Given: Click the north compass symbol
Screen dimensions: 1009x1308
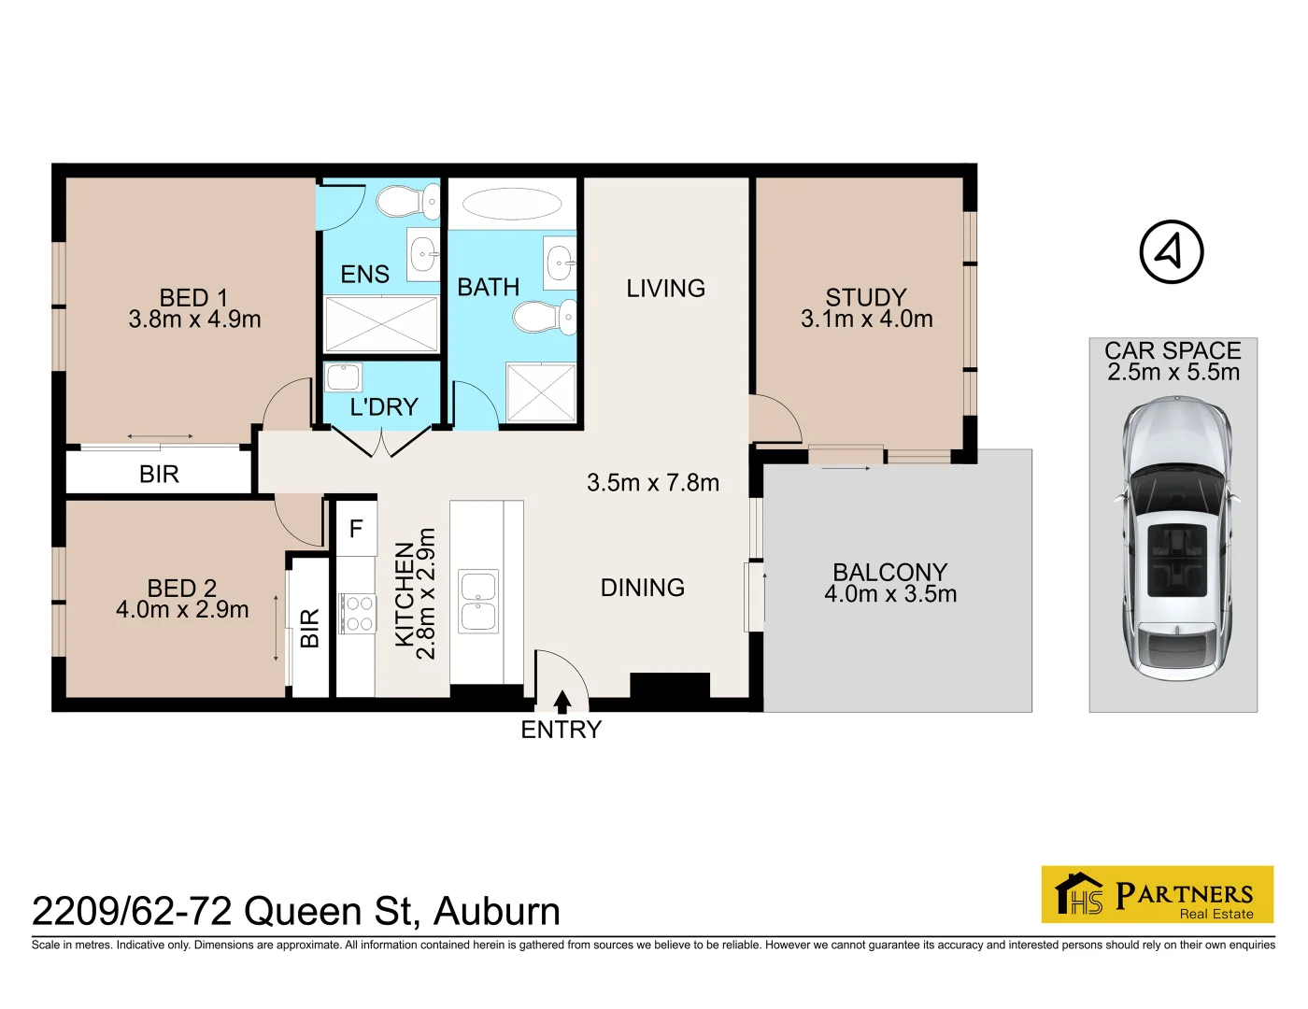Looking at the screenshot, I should pyautogui.click(x=1172, y=252).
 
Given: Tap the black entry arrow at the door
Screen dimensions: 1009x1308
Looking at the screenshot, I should pyautogui.click(x=562, y=702).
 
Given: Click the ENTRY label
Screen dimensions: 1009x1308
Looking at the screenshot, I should pyautogui.click(x=562, y=730).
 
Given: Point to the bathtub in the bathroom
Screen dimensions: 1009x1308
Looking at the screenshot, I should pyautogui.click(x=512, y=204).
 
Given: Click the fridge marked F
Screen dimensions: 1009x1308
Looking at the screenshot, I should pyautogui.click(x=356, y=529).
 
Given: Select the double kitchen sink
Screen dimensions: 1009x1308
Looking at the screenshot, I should pyautogui.click(x=478, y=601).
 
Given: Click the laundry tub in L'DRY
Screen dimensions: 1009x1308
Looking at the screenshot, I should pyautogui.click(x=343, y=378).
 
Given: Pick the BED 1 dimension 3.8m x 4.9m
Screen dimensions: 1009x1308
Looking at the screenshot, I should pyautogui.click(x=194, y=320).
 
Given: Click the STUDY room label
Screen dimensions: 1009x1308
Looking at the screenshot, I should pyautogui.click(x=866, y=297).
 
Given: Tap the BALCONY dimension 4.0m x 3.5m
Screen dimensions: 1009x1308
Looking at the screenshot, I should pyautogui.click(x=890, y=594).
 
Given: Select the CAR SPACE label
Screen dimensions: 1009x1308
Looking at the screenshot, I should pyautogui.click(x=1173, y=351).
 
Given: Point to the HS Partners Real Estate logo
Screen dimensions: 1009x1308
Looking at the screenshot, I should pyautogui.click(x=1158, y=894).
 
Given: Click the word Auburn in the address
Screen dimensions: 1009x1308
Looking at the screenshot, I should pyautogui.click(x=497, y=912).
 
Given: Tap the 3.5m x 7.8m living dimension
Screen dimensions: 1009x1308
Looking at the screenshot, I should pyautogui.click(x=653, y=483).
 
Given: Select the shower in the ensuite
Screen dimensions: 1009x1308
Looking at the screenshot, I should pyautogui.click(x=381, y=324).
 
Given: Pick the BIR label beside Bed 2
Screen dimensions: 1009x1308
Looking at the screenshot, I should pyautogui.click(x=309, y=628).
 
